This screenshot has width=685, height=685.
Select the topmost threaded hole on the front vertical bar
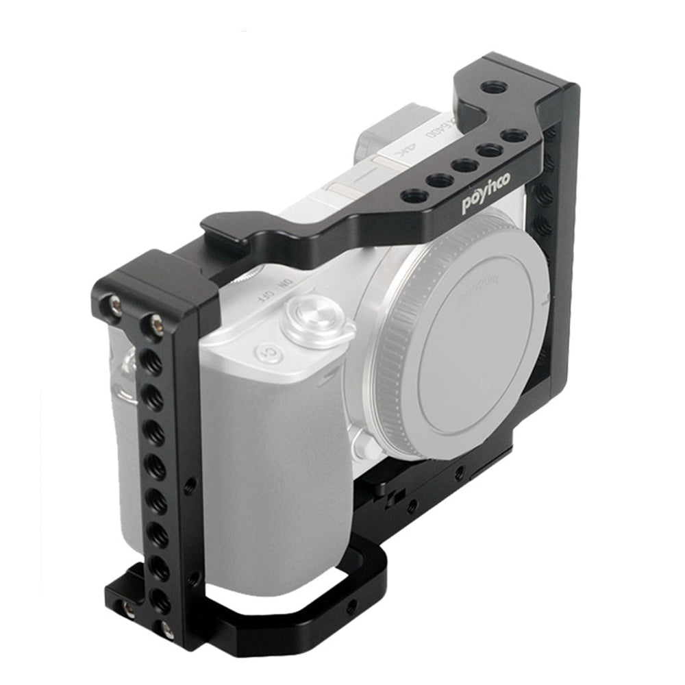(x=152, y=362)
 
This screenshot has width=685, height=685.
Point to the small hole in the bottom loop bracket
(x=352, y=606)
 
